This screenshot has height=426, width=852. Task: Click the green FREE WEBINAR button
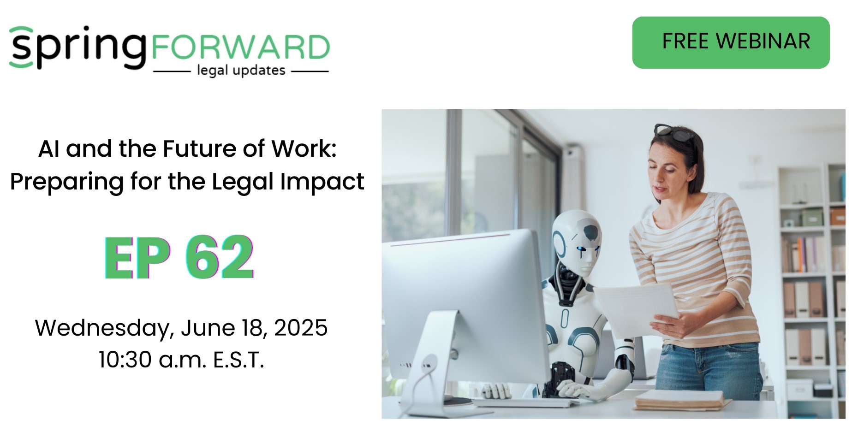[731, 42]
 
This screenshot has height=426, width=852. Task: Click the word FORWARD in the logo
[240, 47]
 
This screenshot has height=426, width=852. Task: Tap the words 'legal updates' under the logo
[241, 71]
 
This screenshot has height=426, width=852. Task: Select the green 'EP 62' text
[179, 257]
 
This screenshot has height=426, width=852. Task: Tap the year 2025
[301, 328]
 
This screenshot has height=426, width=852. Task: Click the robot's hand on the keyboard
[574, 390]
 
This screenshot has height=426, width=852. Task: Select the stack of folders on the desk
[680, 400]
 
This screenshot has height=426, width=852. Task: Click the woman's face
[668, 174]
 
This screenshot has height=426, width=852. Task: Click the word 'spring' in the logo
[77, 47]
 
